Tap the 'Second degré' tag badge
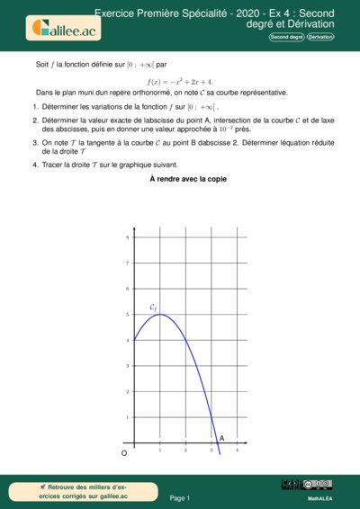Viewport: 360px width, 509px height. coord(287,36)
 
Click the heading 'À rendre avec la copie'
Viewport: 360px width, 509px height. coord(188,179)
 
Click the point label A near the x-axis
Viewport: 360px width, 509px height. coord(221,438)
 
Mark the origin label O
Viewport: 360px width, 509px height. coord(124,455)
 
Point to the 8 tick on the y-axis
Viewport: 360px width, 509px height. coord(128,237)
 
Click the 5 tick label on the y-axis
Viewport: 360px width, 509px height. coord(128,315)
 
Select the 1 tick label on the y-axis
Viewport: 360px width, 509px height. coord(128,417)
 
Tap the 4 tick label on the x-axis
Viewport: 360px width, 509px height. coord(237,449)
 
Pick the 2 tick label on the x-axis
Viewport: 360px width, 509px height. coord(185,449)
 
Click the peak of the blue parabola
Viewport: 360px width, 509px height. coord(159,314)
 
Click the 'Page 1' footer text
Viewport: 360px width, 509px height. coord(180,497)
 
